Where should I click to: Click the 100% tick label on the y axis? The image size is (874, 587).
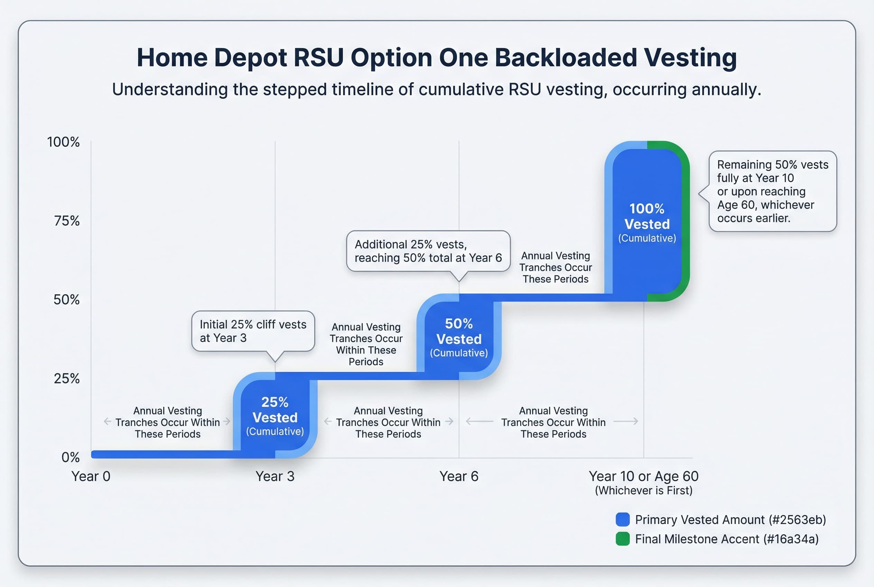click(x=63, y=142)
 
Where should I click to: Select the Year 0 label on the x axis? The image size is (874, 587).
click(x=91, y=476)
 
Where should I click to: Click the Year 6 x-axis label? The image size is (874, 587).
click(x=459, y=476)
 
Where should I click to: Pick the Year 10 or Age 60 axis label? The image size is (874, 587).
click(x=643, y=476)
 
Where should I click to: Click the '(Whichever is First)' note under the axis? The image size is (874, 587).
click(x=643, y=490)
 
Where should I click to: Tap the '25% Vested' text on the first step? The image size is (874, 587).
click(x=275, y=410)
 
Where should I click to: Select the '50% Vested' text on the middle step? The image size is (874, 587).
click(x=459, y=332)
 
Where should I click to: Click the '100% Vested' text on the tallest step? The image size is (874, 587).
click(x=647, y=216)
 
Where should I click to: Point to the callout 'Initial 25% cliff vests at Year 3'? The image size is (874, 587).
click(x=253, y=331)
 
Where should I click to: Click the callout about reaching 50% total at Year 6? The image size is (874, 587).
click(x=428, y=251)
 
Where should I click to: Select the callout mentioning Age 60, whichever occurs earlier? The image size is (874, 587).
click(x=773, y=191)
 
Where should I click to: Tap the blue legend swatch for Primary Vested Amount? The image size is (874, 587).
click(x=622, y=520)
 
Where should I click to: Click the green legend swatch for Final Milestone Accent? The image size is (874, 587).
click(x=622, y=539)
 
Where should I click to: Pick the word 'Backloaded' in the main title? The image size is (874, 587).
click(x=566, y=58)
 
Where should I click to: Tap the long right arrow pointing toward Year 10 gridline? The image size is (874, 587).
click(x=626, y=422)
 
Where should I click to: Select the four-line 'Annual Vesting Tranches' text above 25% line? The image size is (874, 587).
click(x=366, y=344)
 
